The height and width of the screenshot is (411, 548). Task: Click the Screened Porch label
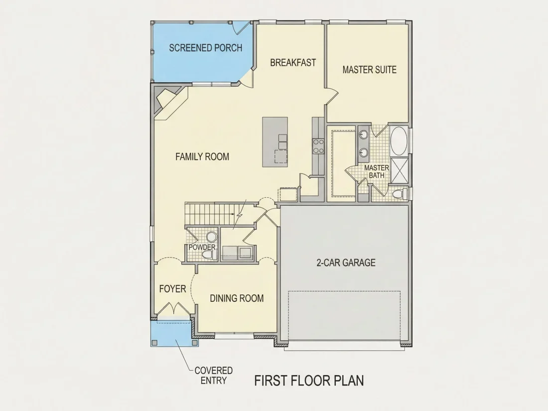click(205, 48)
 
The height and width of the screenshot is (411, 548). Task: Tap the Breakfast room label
click(293, 63)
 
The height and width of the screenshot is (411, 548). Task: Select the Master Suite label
click(370, 70)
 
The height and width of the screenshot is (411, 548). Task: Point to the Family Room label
click(202, 156)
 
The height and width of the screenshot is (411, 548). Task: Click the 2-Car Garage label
click(346, 263)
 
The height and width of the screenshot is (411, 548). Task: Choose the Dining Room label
click(237, 298)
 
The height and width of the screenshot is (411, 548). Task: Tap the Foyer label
click(173, 288)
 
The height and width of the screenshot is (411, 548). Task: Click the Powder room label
click(202, 247)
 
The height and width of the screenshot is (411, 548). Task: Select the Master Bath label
click(377, 171)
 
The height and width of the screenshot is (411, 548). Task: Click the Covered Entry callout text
click(214, 375)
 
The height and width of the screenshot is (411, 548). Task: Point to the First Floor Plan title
click(309, 381)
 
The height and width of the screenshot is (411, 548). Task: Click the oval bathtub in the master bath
click(399, 140)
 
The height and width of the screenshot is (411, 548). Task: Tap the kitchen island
click(275, 142)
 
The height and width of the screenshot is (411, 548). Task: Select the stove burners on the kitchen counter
click(318, 146)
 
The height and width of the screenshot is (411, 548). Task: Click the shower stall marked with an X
click(399, 170)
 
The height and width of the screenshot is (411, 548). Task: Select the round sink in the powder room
click(211, 237)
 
